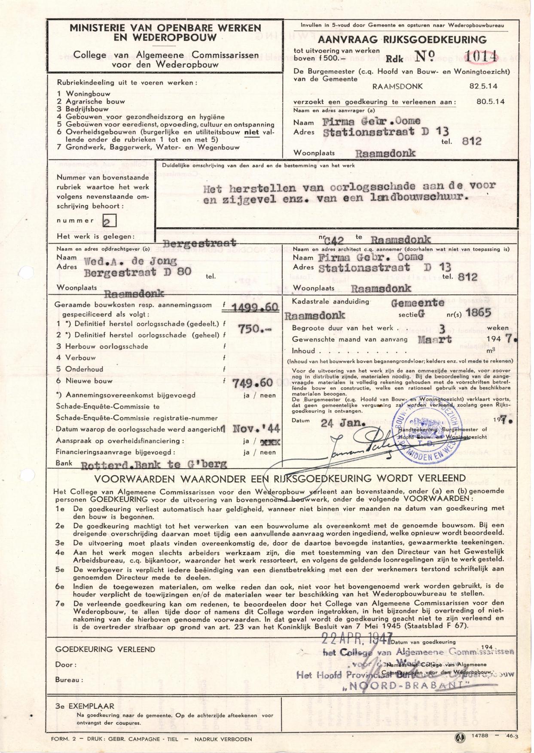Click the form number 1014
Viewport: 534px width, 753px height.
482,56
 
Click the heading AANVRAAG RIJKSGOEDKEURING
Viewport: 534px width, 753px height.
402,40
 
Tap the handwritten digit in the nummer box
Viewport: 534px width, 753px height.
109,221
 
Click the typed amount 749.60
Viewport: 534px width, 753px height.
252,383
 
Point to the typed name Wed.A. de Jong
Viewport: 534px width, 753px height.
130,261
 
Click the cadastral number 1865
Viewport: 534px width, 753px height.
478,313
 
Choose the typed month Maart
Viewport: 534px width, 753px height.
435,339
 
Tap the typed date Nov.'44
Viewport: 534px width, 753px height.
256,429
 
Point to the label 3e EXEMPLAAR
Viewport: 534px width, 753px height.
85,706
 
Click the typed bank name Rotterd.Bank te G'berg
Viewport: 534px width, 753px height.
154,464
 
